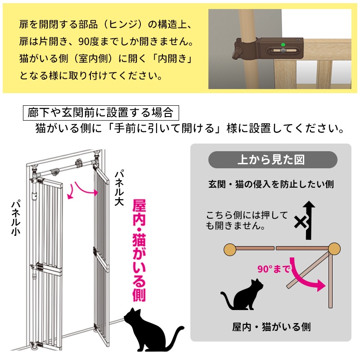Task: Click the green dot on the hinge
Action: [283, 44]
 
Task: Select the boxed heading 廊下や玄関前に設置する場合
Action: [101, 113]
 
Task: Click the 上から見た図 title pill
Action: [273, 160]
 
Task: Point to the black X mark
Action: [301, 222]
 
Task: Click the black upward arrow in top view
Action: [309, 220]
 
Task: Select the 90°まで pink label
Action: [273, 269]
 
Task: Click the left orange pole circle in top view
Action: [230, 249]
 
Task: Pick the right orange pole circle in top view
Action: [334, 249]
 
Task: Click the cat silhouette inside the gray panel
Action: [242, 295]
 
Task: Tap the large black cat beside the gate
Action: [151, 330]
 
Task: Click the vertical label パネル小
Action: [16, 218]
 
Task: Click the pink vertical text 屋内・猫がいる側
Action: [139, 250]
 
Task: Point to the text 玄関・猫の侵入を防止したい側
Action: [271, 184]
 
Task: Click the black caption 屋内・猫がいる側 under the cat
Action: [271, 327]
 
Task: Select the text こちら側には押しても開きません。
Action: [247, 220]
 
